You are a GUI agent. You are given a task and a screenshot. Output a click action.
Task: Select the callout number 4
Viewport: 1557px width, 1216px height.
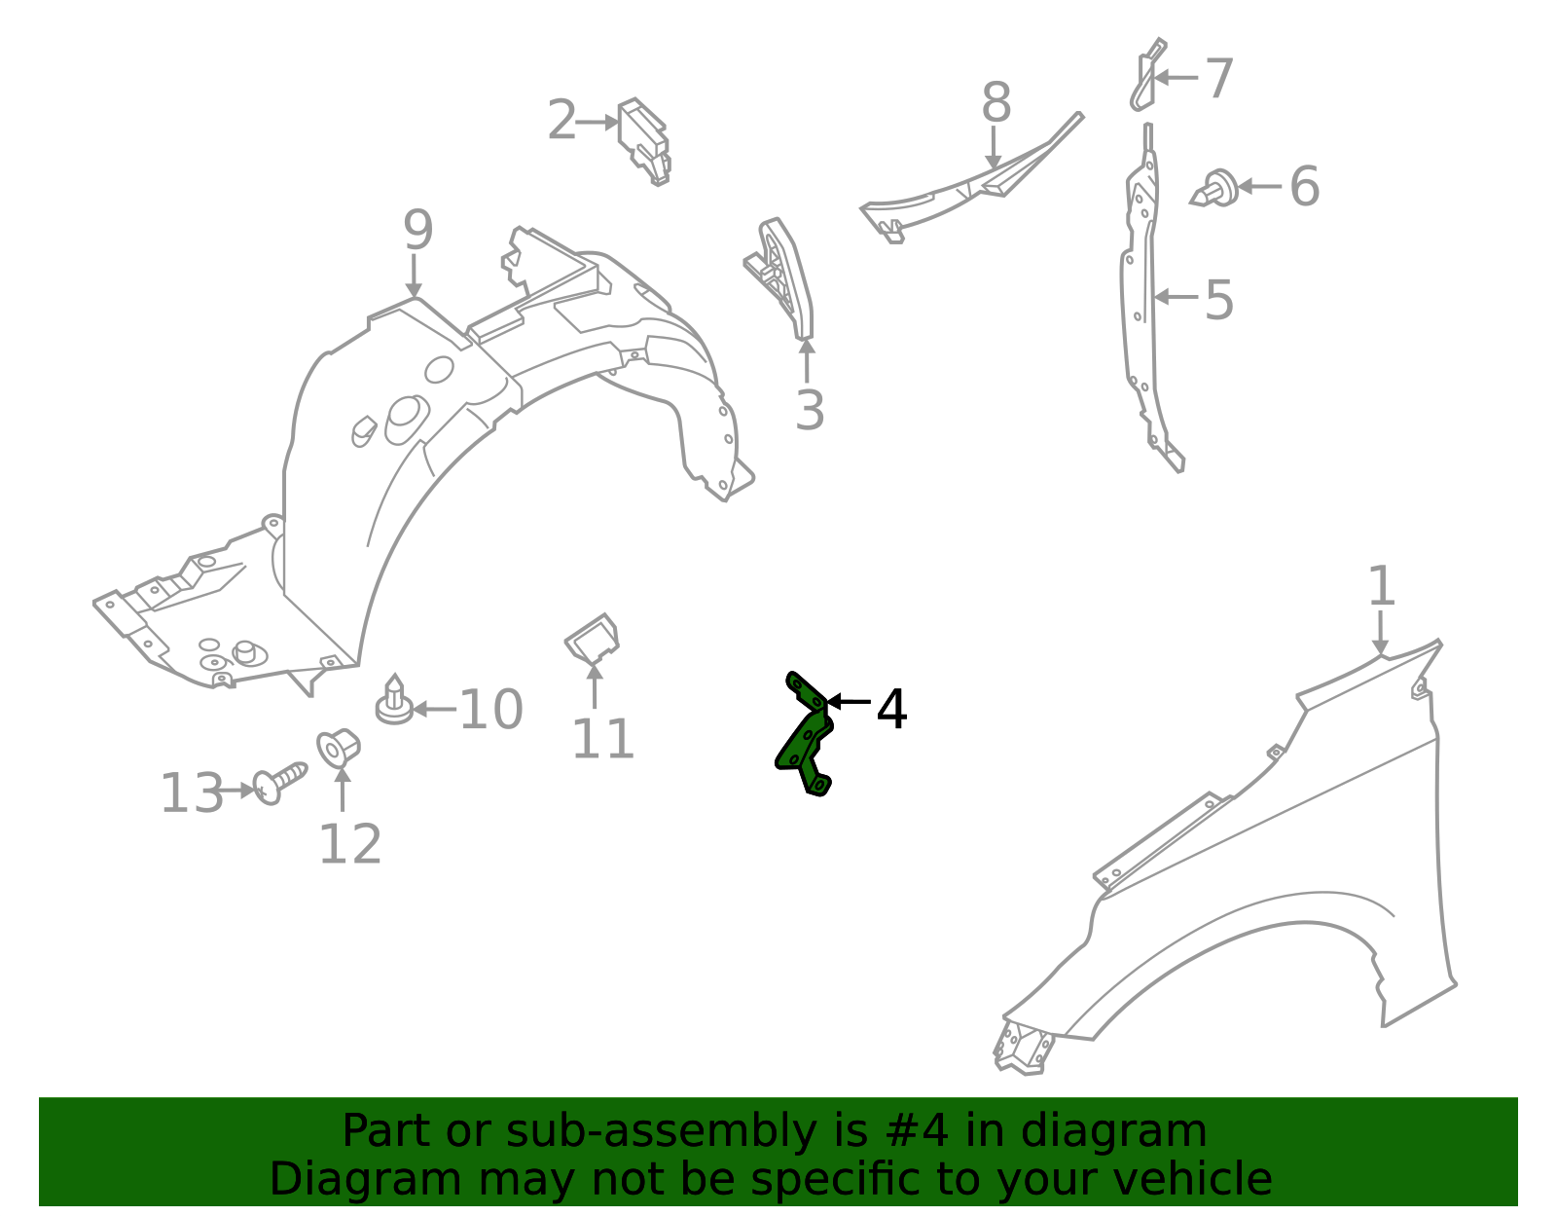tap(891, 710)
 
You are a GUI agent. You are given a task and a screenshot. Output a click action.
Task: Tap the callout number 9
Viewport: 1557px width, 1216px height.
tap(418, 230)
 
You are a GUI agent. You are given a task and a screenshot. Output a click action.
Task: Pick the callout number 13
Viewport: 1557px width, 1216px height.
tap(192, 793)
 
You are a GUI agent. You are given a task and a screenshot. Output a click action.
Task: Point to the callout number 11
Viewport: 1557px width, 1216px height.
tap(602, 739)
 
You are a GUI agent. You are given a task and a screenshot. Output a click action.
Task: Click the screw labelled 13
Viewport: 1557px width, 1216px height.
tap(279, 783)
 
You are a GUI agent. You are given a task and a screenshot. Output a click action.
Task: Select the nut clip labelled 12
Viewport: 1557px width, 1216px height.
tap(339, 748)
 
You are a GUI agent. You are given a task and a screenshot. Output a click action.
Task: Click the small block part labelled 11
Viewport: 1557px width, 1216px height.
tap(592, 639)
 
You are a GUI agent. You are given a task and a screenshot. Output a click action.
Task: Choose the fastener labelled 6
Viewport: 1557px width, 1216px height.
tap(1214, 189)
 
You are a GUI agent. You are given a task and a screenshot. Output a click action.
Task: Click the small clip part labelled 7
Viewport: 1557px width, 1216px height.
tap(1147, 75)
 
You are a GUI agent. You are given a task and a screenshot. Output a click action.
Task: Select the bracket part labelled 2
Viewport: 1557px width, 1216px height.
tap(644, 142)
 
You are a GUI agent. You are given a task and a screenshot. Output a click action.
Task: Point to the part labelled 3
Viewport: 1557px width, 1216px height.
tap(778, 278)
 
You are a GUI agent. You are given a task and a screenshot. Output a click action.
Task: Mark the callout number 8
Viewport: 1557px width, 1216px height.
tap(996, 102)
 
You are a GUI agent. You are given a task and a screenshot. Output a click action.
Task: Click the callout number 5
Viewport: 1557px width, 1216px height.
tap(1218, 300)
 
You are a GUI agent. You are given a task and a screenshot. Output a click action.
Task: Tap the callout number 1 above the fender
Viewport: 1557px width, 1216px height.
tap(1382, 586)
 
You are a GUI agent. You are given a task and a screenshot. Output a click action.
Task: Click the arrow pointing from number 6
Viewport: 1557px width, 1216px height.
tap(1259, 186)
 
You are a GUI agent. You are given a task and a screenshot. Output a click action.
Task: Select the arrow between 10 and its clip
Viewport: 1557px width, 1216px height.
tap(434, 710)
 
